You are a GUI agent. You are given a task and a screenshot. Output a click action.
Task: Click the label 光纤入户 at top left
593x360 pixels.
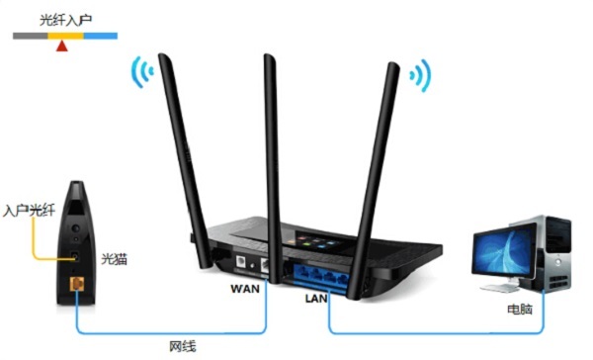click(65, 19)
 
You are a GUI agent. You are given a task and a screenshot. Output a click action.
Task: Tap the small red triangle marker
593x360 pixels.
click(62, 44)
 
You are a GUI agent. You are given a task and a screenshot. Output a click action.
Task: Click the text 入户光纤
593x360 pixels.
click(26, 211)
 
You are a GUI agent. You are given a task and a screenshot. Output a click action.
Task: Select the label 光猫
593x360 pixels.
click(114, 258)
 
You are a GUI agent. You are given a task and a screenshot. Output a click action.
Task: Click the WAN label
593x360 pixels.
click(245, 290)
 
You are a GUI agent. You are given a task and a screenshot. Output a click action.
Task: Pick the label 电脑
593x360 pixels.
click(520, 310)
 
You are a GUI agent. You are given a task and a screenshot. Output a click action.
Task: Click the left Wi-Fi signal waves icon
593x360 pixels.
click(141, 72)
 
